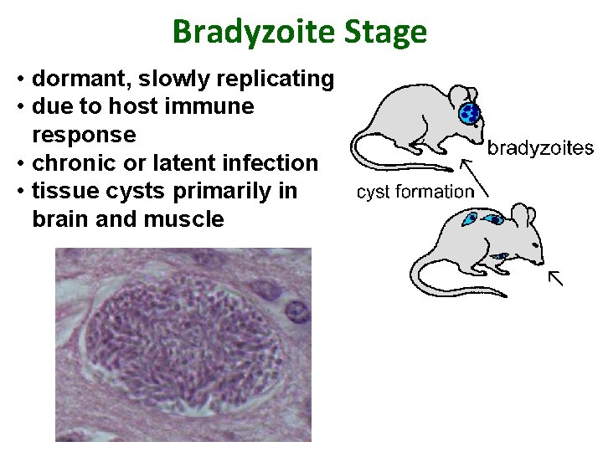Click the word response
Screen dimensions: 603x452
click(x=83, y=135)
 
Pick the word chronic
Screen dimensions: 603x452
click(x=72, y=162)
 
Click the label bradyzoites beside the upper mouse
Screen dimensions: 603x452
click(x=540, y=149)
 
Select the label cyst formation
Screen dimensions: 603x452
click(x=415, y=192)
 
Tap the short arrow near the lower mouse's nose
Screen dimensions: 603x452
click(x=555, y=277)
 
